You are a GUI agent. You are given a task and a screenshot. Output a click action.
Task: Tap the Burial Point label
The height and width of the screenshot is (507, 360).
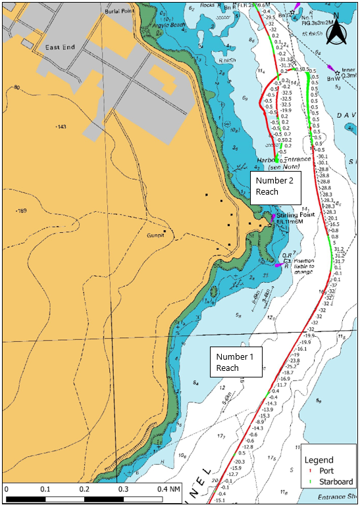(x=120, y=12)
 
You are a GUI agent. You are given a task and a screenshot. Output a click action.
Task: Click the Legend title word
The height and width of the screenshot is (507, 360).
(x=319, y=460)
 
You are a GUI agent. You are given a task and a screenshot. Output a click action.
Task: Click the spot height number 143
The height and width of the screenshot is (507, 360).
(x=62, y=126)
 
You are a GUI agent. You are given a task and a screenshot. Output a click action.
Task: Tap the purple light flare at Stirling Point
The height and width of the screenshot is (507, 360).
(x=272, y=218)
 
